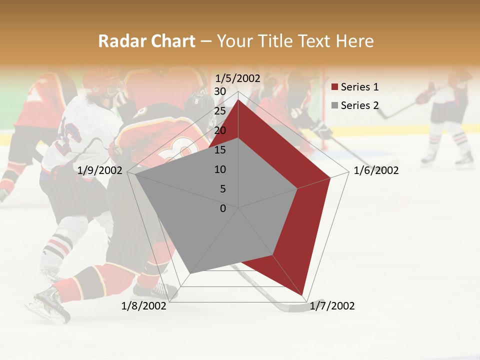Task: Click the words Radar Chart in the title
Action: click(146, 41)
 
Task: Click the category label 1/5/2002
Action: click(238, 78)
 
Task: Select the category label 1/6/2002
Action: click(376, 170)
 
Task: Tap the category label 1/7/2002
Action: click(332, 306)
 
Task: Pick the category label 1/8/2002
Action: click(144, 306)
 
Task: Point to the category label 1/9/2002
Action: click(100, 170)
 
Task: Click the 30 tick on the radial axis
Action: click(220, 91)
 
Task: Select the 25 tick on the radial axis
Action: click(220, 111)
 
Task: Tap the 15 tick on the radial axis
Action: click(220, 150)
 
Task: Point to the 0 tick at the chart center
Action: click(223, 208)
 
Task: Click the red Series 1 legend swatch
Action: click(335, 87)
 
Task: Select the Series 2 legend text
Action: click(359, 105)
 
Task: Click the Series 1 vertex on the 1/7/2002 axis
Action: click(303, 295)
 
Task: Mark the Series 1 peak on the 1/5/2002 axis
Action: click(238, 99)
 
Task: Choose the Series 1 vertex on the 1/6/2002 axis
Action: click(330, 177)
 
